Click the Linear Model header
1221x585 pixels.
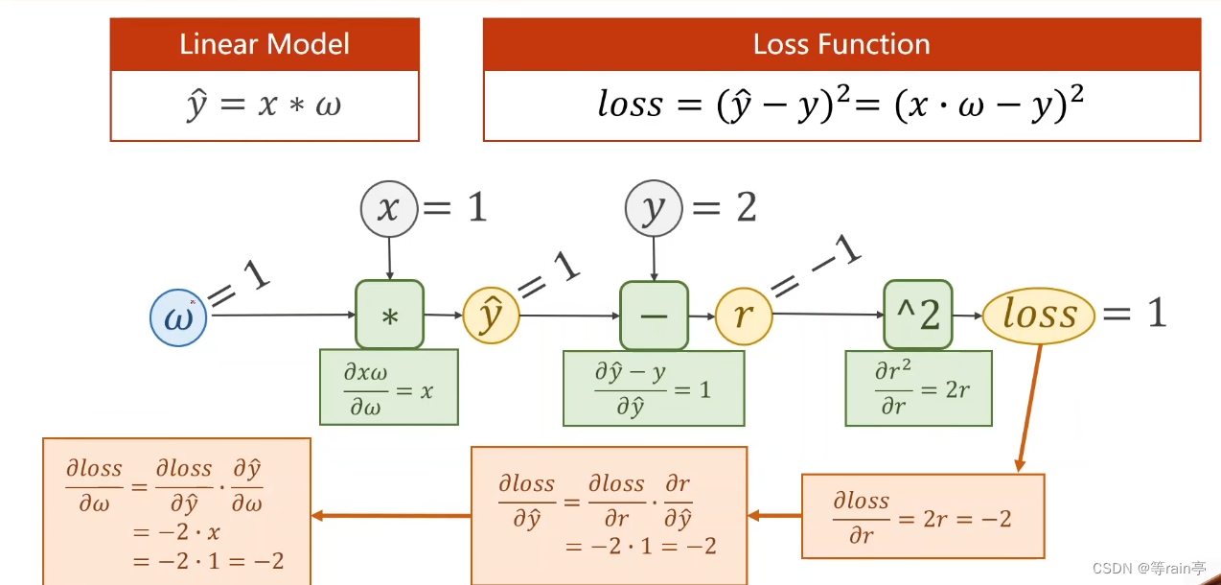265,44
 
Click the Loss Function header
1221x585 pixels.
841,44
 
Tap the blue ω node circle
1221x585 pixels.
179,317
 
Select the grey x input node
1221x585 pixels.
389,208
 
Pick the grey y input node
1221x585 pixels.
654,208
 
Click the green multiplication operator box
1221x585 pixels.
389,315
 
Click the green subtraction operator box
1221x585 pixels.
654,315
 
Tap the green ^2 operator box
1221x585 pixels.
918,315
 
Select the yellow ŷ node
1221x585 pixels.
491,316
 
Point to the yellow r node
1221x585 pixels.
744,316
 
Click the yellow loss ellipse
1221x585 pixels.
1040,315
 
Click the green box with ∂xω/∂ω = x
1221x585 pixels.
389,386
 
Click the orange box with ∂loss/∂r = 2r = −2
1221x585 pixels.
922,516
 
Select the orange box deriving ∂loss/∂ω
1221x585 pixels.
177,511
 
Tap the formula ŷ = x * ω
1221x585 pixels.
265,105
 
